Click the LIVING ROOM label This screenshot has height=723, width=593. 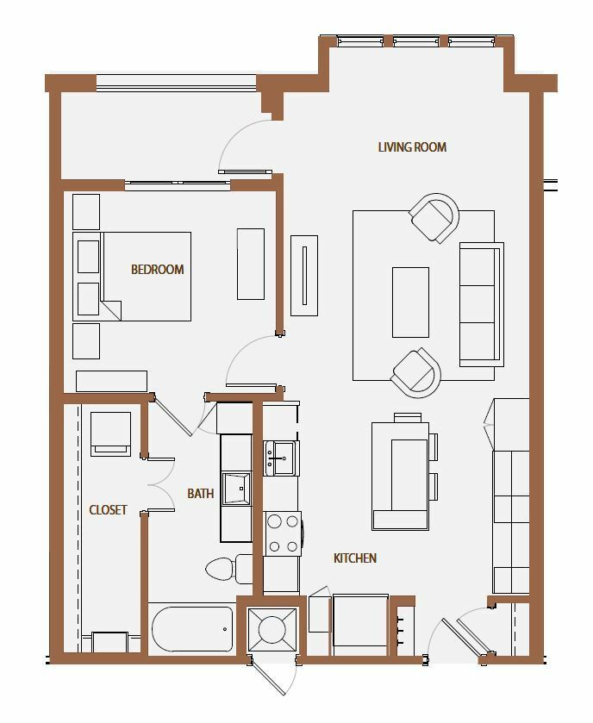412,147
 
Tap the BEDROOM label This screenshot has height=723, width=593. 157,269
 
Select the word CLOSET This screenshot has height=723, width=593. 108,509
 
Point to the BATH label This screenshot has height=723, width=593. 201,494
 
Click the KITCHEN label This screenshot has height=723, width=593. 355,558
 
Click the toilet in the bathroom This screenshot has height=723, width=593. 228,569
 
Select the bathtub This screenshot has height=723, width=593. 192,629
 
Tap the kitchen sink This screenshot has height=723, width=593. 281,458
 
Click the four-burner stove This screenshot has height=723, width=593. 283,533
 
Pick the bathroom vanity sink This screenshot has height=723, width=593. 236,489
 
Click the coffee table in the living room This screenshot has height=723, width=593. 410,302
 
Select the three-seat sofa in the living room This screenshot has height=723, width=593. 482,304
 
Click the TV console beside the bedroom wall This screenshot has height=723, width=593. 304,276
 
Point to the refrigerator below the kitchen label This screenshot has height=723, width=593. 360,625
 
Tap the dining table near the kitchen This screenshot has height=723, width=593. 400,475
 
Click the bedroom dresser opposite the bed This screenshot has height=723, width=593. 251,264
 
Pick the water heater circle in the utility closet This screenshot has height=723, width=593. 272,629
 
